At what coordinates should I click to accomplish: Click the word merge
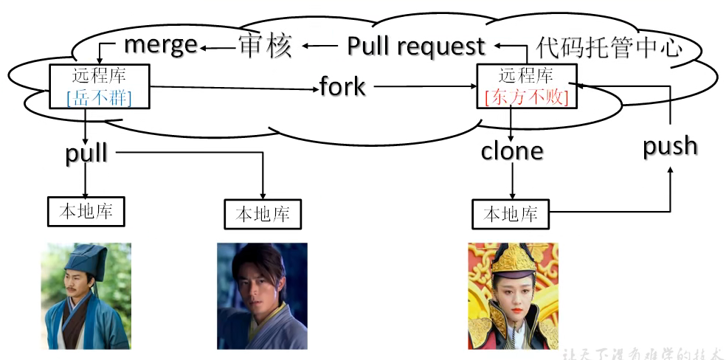(160, 45)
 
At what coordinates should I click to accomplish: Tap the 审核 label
(265, 46)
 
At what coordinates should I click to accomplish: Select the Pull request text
(416, 46)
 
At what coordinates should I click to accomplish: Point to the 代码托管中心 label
(608, 48)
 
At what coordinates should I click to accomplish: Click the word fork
(342, 86)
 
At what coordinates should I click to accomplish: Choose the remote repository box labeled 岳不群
(100, 86)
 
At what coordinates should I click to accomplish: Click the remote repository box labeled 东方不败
(527, 86)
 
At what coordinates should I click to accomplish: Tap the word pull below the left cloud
(86, 153)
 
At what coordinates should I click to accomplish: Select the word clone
(511, 151)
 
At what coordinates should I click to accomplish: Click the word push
(670, 146)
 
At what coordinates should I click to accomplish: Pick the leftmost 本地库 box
(86, 212)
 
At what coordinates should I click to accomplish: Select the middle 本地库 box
(263, 215)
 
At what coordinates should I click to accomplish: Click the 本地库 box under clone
(511, 215)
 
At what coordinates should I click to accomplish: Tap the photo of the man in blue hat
(86, 296)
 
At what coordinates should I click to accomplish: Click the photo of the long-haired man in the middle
(262, 296)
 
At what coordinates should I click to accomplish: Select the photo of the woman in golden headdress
(513, 296)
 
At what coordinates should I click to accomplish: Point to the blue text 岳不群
(100, 97)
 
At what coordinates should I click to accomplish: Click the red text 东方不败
(527, 97)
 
